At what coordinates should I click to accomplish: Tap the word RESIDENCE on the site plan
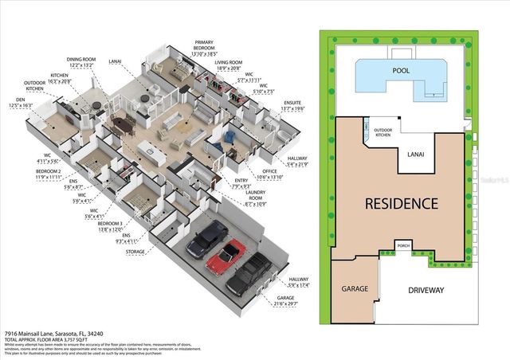pyautogui.click(x=402, y=203)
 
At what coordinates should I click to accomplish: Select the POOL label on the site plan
pyautogui.click(x=401, y=70)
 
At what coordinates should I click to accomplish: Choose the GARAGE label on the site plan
pyautogui.click(x=353, y=289)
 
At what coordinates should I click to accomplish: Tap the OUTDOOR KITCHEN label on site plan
pyautogui.click(x=383, y=134)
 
